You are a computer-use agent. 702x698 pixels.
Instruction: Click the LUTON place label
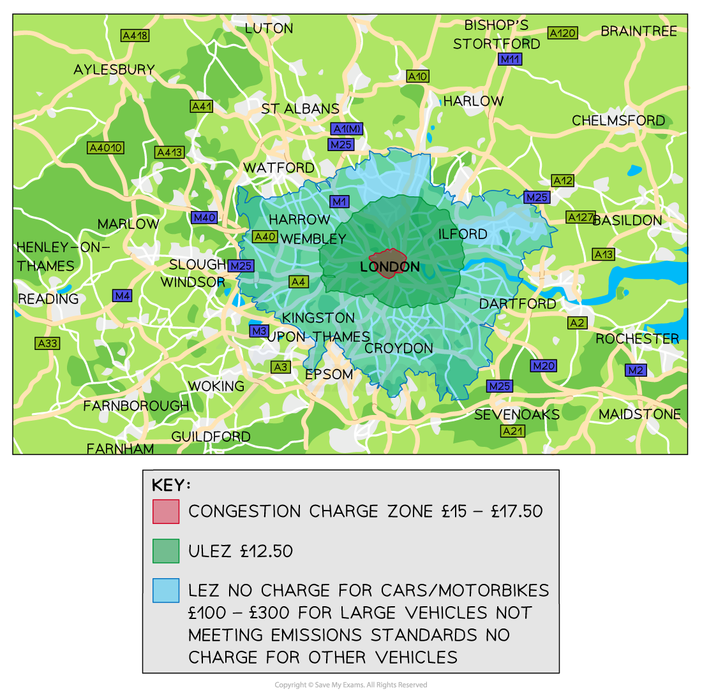[x=269, y=29]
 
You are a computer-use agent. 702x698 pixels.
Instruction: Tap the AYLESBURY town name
[x=114, y=69]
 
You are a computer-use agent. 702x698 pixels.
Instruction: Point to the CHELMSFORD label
[x=618, y=120]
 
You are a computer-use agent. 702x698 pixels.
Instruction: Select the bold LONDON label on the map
[x=390, y=266]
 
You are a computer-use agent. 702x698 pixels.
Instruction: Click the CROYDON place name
[x=399, y=349]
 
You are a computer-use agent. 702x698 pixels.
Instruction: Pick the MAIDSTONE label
[x=639, y=414]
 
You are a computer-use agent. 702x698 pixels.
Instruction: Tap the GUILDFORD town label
[x=211, y=437]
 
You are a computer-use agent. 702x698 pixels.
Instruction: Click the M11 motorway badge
[x=510, y=59]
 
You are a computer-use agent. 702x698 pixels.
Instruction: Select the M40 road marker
[x=204, y=217]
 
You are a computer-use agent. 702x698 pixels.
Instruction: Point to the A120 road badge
[x=562, y=33]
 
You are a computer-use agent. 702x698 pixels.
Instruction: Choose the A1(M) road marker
[x=347, y=129]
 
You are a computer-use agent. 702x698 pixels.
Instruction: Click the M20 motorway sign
[x=543, y=366]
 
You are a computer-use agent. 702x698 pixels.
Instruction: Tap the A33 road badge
[x=47, y=344]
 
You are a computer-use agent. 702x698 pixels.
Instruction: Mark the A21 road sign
[x=512, y=432]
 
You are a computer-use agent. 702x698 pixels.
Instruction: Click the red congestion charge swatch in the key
[x=166, y=511]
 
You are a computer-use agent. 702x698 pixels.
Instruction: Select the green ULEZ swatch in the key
[x=166, y=551]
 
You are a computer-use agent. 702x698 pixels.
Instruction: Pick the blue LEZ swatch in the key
[x=166, y=590]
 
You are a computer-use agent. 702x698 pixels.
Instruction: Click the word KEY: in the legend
[x=171, y=485]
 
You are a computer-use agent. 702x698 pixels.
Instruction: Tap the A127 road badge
[x=580, y=217]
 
